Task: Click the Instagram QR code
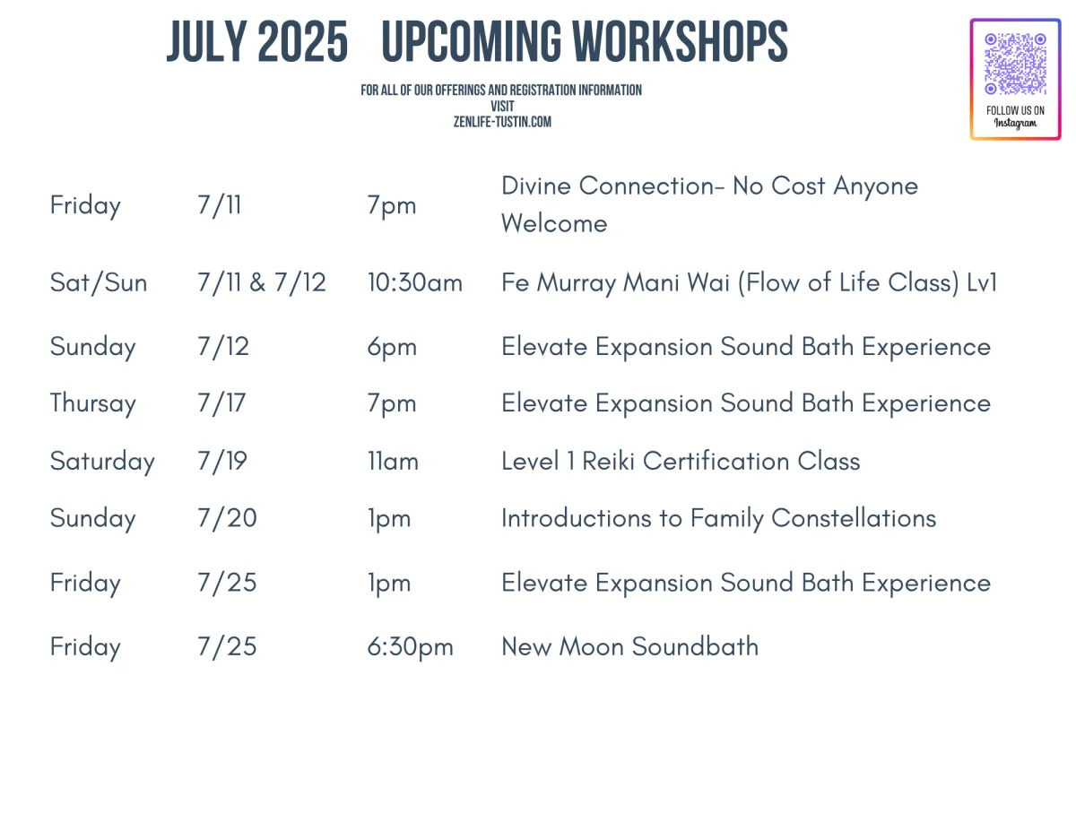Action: point(1015,64)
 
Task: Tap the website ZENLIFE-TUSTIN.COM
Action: point(502,122)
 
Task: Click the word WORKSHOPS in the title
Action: point(680,41)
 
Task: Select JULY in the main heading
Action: point(207,41)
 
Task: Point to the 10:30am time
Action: point(414,282)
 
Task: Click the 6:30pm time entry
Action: point(410,647)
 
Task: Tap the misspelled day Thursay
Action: point(92,403)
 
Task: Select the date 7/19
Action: point(221,462)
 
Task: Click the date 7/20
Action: point(227,518)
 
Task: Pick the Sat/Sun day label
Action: point(99,282)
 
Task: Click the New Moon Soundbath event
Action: point(629,646)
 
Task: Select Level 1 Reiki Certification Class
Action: point(681,462)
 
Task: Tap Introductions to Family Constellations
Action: point(719,518)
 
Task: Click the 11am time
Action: point(393,462)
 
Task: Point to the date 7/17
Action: point(221,403)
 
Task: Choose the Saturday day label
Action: point(102,462)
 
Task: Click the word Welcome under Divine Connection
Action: point(554,223)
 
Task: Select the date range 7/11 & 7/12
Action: point(262,282)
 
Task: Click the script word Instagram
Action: point(1016,123)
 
